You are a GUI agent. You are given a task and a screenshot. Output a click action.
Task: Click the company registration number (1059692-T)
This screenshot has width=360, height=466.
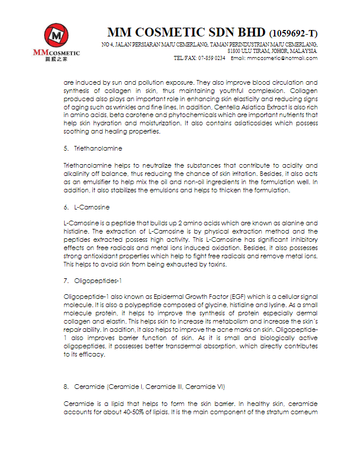[x=294, y=33]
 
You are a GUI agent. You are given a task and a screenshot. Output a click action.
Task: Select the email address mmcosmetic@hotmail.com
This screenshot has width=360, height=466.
[x=282, y=58]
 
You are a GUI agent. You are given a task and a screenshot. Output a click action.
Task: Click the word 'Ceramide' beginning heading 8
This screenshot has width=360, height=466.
[x=88, y=386]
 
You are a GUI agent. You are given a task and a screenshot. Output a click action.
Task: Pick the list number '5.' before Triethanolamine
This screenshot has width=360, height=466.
[x=66, y=148]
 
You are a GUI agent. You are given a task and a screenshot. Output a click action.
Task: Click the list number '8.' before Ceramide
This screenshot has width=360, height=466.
[x=66, y=386]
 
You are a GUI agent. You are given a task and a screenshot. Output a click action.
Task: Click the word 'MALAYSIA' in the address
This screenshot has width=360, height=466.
[x=302, y=51]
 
